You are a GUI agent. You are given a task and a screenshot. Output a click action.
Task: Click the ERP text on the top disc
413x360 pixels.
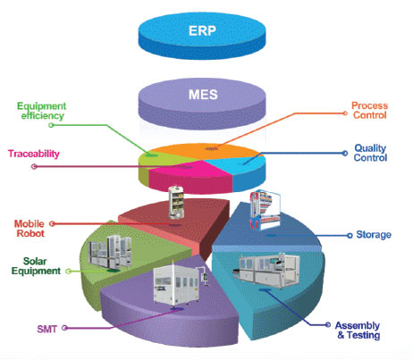202,30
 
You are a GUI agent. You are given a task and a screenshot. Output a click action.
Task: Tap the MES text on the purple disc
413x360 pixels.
203,95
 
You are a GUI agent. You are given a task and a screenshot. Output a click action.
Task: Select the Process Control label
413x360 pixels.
369,110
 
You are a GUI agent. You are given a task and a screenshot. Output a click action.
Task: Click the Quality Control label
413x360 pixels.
370,153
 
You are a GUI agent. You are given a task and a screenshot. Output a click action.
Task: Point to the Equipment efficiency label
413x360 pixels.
42,111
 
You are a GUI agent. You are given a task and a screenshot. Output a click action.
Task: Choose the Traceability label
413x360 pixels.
34,154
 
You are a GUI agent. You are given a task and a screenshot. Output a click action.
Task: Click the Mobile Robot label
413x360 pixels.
29,229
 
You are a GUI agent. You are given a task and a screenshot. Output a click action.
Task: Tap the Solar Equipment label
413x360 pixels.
36,266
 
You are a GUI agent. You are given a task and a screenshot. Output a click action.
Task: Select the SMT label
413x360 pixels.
46,329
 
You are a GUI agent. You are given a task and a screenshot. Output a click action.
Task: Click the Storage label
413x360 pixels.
374,235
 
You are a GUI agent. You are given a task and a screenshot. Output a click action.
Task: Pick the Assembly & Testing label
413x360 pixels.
358,331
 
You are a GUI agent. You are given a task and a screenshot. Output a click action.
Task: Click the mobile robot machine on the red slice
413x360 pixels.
176,203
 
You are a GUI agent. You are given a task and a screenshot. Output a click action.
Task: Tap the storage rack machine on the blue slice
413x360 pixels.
265,210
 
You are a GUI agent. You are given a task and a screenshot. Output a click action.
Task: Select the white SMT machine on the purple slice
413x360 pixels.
180,285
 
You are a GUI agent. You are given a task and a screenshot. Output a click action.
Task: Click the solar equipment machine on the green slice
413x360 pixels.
109,252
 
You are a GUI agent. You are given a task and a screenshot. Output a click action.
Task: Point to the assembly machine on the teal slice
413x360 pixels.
265,271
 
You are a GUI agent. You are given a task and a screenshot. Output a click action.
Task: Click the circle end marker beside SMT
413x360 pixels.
64,328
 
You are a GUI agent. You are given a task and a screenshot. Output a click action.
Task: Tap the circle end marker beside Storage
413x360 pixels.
350,236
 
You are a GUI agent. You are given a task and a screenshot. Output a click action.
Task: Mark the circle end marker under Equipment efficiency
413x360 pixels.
51,125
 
